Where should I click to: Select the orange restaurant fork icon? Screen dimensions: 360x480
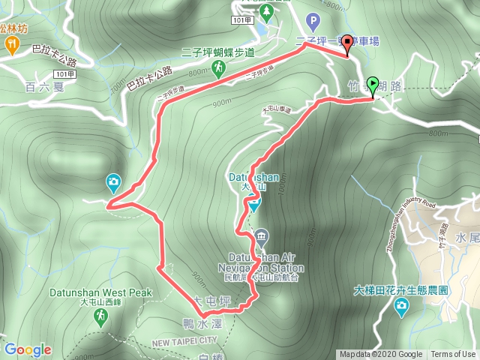13,45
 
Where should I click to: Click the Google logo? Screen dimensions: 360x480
28,349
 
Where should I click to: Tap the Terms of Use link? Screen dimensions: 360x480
453,355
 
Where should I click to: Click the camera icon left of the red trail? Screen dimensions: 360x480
112,181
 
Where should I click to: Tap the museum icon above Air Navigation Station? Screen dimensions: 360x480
260,235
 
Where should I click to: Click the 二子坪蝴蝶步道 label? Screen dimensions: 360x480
218,52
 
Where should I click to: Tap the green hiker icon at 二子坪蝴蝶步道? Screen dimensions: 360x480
218,69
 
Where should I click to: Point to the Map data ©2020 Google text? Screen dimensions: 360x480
380,355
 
